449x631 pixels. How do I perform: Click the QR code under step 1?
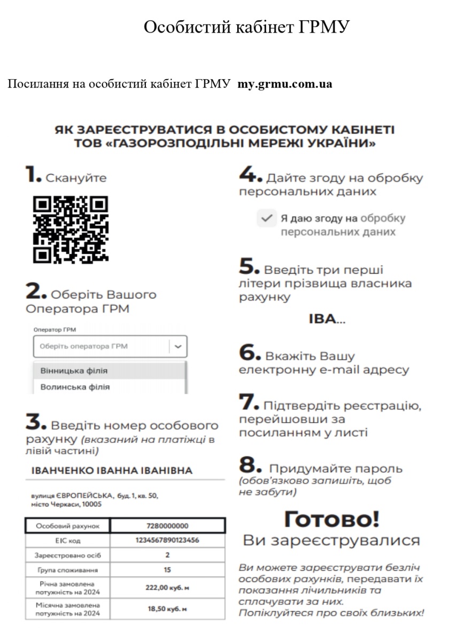click(71, 230)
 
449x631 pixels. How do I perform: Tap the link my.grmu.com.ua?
click(285, 84)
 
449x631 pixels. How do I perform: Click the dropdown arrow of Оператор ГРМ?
click(179, 346)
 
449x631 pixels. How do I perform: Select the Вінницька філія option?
click(74, 370)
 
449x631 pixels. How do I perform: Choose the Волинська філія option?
click(72, 386)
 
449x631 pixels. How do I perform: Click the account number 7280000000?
click(167, 526)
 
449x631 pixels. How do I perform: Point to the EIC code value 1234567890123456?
click(167, 540)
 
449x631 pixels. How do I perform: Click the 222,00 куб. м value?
click(167, 587)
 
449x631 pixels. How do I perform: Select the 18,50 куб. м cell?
click(167, 609)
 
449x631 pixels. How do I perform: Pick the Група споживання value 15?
click(167, 570)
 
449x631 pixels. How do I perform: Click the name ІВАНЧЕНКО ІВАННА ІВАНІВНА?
click(112, 471)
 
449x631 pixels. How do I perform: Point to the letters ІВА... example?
click(327, 320)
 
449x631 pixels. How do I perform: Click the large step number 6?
click(249, 353)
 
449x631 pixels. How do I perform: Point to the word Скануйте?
click(76, 178)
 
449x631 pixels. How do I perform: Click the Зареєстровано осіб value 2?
click(167, 555)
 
